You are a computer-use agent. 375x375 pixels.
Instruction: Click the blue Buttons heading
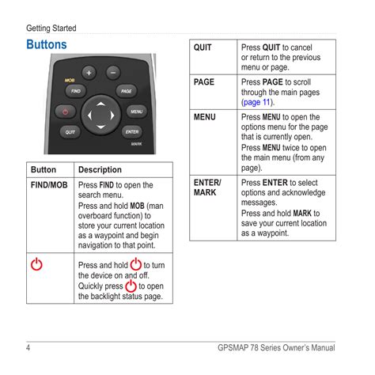[47, 44]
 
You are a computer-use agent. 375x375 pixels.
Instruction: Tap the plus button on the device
[89, 73]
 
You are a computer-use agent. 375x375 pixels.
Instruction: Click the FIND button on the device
[76, 91]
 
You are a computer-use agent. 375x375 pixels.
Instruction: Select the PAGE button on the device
[127, 91]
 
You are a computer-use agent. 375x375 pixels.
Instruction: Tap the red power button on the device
[66, 112]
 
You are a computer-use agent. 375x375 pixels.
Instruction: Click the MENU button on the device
[137, 112]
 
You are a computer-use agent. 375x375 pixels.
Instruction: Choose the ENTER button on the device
[132, 132]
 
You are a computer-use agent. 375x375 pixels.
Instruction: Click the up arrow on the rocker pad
[100, 104]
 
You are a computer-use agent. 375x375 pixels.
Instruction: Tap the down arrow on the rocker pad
[100, 127]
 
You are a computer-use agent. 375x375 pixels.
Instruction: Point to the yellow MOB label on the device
[70, 80]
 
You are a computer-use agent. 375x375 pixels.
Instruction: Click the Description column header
[100, 169]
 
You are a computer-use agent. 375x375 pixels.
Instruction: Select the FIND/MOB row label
[49, 185]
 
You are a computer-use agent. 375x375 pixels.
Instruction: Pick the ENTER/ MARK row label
[207, 187]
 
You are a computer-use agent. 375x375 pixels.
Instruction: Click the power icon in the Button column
[36, 264]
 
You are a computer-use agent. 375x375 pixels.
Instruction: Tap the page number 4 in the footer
[28, 347]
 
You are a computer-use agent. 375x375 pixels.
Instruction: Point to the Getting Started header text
[51, 28]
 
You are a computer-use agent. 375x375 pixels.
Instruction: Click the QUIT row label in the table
[203, 47]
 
